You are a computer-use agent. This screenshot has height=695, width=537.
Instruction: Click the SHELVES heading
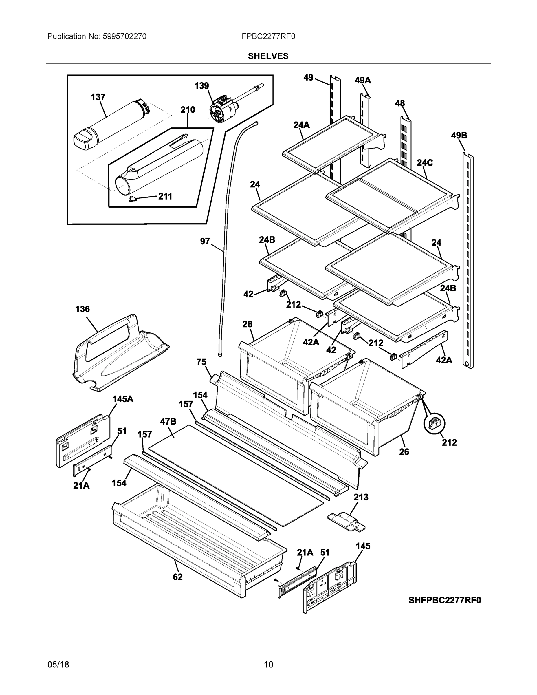click(x=268, y=56)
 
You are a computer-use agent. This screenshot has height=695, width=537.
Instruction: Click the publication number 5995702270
click(x=124, y=36)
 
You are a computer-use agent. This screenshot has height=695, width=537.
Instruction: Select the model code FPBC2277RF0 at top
click(x=268, y=36)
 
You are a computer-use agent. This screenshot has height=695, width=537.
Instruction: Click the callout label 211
click(x=165, y=196)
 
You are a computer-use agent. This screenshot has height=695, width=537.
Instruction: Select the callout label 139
click(x=201, y=86)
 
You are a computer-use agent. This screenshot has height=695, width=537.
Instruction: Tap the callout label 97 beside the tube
click(x=205, y=241)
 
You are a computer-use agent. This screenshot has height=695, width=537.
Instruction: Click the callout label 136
click(x=83, y=309)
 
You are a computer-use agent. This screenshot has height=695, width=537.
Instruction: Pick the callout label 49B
click(x=459, y=136)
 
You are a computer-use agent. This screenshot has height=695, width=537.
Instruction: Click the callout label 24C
click(x=425, y=163)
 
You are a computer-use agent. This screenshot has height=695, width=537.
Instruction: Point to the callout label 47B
click(x=168, y=422)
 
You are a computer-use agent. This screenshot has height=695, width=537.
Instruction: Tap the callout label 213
click(x=361, y=497)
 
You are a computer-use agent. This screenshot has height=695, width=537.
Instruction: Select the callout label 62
click(x=177, y=577)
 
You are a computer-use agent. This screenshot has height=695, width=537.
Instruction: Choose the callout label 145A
click(x=123, y=399)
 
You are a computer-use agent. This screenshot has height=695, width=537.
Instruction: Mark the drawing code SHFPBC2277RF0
click(x=444, y=600)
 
